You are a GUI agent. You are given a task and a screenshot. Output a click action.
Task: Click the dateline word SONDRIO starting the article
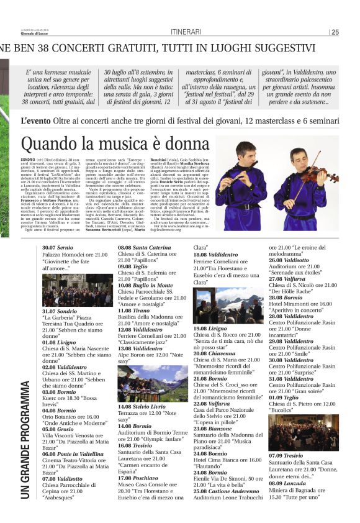(28, 160)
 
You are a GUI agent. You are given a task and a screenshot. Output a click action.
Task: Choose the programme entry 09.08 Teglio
(133, 265)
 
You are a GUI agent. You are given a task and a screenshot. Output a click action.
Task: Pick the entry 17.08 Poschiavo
(137, 477)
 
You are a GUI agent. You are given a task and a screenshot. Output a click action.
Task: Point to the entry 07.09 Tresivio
(286, 456)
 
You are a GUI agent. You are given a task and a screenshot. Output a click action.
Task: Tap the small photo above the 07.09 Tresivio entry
(295, 432)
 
